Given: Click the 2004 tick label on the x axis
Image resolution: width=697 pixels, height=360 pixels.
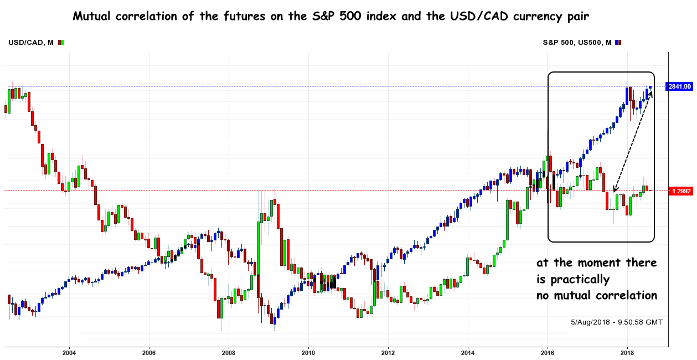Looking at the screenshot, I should (69, 352).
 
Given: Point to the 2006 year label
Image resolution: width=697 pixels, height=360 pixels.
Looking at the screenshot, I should (148, 352).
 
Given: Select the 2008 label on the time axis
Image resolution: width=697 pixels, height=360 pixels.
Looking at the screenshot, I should (228, 352).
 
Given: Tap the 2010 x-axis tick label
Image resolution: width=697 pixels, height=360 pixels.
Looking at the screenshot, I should (308, 352).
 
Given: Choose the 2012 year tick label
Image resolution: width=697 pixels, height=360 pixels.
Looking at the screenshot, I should (388, 352).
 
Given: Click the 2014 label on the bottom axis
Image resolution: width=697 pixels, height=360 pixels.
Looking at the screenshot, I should (468, 352).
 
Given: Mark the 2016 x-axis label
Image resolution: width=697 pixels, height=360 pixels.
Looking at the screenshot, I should (548, 352).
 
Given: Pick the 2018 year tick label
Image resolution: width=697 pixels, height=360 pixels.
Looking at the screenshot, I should (627, 352).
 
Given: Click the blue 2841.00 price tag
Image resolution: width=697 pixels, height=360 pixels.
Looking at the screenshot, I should (680, 86).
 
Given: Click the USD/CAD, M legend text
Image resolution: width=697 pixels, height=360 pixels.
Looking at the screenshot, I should (31, 42).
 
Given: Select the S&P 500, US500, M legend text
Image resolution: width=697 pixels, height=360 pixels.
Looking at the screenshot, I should (577, 42).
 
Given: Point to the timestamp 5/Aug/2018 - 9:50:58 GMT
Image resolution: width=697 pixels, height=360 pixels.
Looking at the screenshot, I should (616, 322).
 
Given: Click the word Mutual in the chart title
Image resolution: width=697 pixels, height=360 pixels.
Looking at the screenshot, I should (92, 17).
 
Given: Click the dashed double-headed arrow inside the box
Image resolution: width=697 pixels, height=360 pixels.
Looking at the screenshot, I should (633, 141).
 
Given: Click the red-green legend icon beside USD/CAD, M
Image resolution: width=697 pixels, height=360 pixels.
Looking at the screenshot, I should (61, 42).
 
